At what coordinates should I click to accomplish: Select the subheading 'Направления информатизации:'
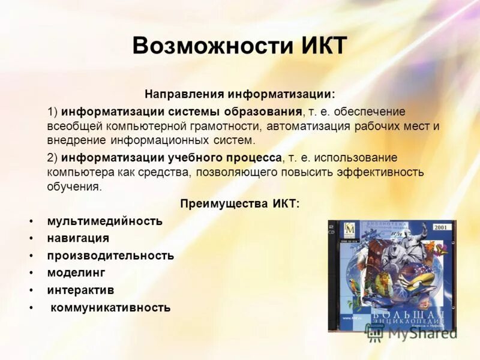point(239,95)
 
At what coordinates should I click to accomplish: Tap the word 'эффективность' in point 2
point(386,172)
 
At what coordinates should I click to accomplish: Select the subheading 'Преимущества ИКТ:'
point(239,204)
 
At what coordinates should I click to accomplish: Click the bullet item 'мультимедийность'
point(105,221)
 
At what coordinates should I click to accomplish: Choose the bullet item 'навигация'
point(78,238)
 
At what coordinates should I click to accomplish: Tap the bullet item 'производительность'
point(110,256)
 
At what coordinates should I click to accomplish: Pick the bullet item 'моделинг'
point(76,272)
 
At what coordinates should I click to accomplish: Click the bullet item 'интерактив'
point(80,290)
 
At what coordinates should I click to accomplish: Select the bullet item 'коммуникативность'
point(110,308)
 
